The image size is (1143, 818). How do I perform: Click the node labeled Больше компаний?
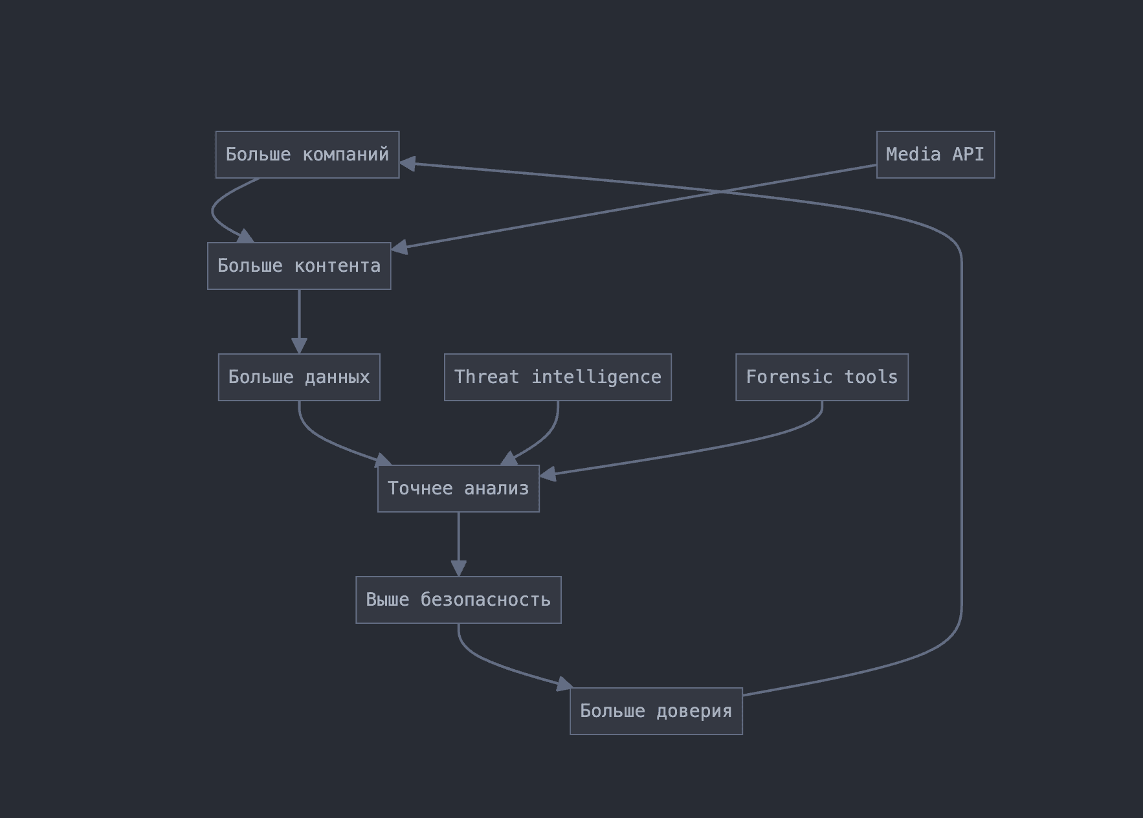pyautogui.click(x=307, y=155)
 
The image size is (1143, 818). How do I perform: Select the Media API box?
pyautogui.click(x=935, y=155)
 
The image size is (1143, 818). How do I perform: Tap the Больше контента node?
pyautogui.click(x=299, y=266)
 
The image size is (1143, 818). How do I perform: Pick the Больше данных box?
pyautogui.click(x=299, y=377)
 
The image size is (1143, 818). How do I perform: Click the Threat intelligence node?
pyautogui.click(x=558, y=377)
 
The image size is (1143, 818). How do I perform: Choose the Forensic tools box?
pyautogui.click(x=822, y=377)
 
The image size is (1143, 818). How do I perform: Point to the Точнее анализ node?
pyautogui.click(x=458, y=489)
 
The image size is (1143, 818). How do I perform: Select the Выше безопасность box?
pyautogui.click(x=458, y=600)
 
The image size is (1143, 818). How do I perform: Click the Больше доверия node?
pyautogui.click(x=656, y=711)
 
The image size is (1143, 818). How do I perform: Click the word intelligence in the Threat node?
pyautogui.click(x=596, y=377)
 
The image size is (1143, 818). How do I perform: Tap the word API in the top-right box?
pyautogui.click(x=968, y=155)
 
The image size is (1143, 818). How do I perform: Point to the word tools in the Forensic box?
pyautogui.click(x=871, y=377)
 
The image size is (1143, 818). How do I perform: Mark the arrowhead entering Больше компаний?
pyautogui.click(x=408, y=164)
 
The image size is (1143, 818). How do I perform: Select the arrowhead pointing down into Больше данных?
pyautogui.click(x=299, y=346)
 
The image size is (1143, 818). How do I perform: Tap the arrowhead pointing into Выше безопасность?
pyautogui.click(x=458, y=568)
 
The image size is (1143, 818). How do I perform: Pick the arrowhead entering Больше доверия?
pyautogui.click(x=564, y=684)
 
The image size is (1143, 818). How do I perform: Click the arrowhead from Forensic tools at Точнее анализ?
pyautogui.click(x=548, y=474)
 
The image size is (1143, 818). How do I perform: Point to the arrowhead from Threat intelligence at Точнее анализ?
pyautogui.click(x=509, y=459)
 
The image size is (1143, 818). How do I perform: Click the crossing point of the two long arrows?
pyautogui.click(x=720, y=192)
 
